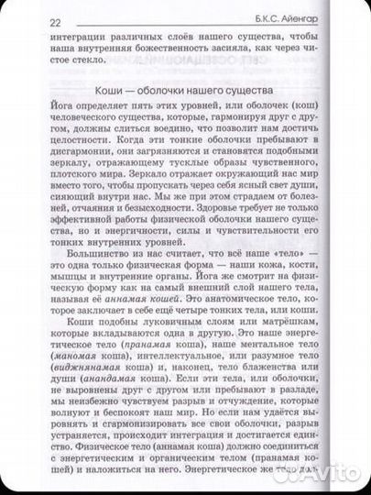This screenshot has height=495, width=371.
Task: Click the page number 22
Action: tap(29, 23)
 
